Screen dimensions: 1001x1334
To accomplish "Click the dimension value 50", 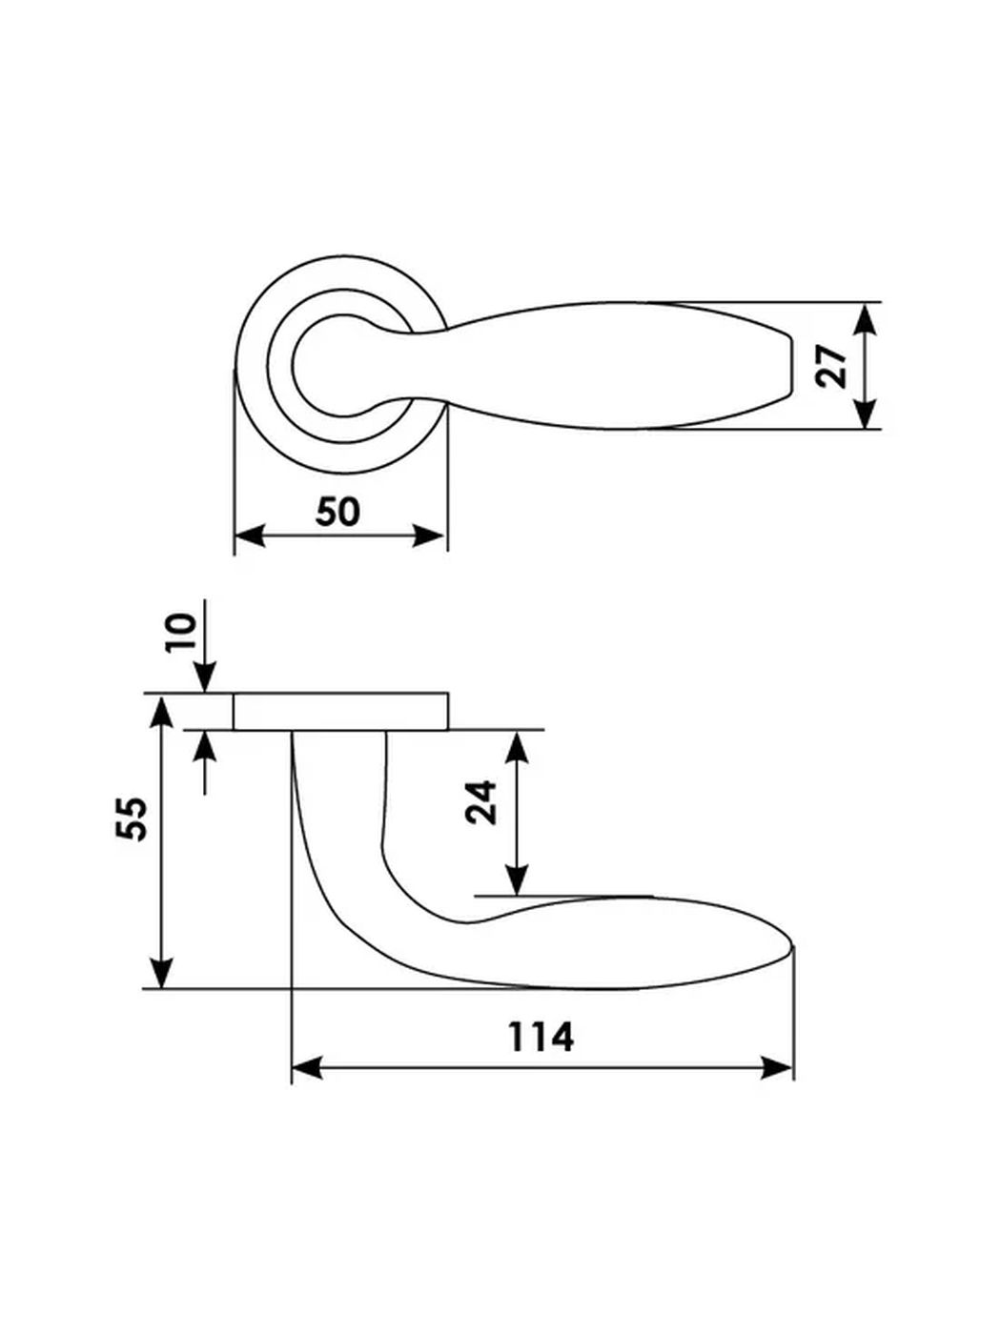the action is click(x=337, y=512).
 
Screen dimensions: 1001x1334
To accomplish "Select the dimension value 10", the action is click(x=182, y=633).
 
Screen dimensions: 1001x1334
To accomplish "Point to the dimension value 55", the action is click(x=131, y=819).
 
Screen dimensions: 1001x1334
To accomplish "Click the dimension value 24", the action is click(x=481, y=802).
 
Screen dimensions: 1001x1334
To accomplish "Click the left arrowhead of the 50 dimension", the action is click(x=250, y=536).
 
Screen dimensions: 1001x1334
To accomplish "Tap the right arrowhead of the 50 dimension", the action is click(x=428, y=536).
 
